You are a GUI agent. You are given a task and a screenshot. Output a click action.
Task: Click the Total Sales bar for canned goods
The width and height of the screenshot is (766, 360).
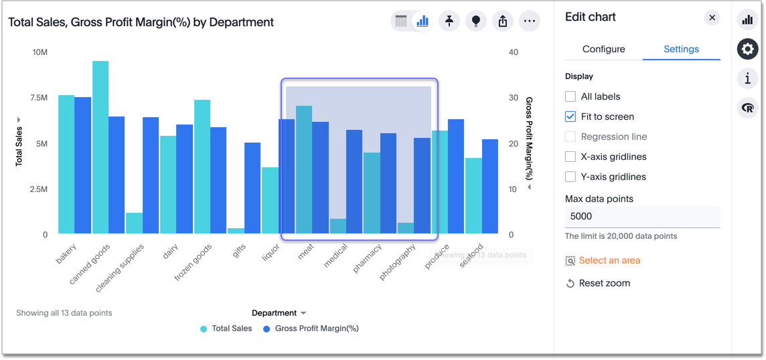[100, 147]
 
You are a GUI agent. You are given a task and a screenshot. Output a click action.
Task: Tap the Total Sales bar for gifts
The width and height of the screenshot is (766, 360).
[236, 231]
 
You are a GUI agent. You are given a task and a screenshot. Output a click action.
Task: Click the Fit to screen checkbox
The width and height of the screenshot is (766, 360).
[570, 116]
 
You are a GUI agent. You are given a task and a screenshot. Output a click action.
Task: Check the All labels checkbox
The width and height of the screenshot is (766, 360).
[570, 96]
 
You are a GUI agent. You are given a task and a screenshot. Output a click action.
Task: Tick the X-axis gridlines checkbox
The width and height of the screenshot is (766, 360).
[570, 157]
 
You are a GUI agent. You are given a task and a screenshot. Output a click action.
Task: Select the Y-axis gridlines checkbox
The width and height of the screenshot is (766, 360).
[570, 177]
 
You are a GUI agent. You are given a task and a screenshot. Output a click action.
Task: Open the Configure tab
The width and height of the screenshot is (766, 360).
[603, 49]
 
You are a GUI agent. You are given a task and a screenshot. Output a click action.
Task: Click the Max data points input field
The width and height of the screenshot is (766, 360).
[642, 216]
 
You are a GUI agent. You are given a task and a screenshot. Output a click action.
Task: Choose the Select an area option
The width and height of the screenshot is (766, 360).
[609, 260]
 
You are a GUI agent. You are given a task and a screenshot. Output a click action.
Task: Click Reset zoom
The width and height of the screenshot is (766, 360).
[604, 283]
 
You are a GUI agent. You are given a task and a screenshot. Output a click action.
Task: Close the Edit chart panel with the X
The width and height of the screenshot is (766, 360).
[712, 17]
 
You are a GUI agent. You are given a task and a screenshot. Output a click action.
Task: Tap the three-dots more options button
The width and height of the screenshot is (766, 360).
[529, 21]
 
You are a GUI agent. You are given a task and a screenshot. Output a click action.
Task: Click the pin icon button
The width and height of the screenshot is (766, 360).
[449, 21]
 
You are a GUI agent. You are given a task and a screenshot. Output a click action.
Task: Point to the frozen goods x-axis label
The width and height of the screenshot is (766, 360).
[194, 261]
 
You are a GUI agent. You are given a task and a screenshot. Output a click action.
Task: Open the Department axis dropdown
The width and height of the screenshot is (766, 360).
[279, 313]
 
